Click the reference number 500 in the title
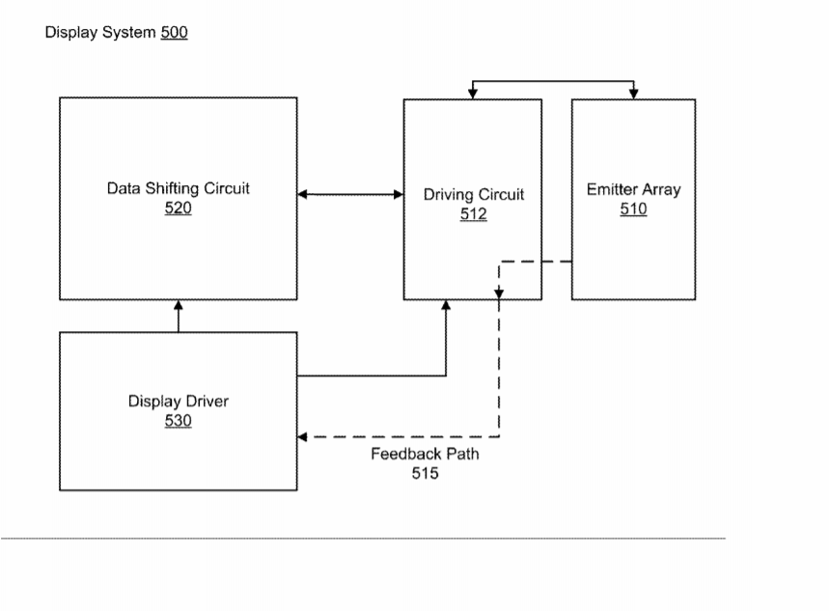175,33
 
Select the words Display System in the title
100,33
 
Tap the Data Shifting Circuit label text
178,188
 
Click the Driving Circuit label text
474,195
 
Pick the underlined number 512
474,214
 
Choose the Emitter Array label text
633,190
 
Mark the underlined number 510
633,208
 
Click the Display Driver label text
179,402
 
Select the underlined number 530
179,421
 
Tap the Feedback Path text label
425,454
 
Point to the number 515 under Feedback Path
425,473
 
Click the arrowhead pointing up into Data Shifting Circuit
179,305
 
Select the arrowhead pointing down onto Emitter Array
634,94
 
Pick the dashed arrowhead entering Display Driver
303,437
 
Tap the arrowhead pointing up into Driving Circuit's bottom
446,305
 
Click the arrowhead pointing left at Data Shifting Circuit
303,195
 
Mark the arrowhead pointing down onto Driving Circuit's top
473,94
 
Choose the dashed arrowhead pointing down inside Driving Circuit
499,292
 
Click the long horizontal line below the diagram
363,539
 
